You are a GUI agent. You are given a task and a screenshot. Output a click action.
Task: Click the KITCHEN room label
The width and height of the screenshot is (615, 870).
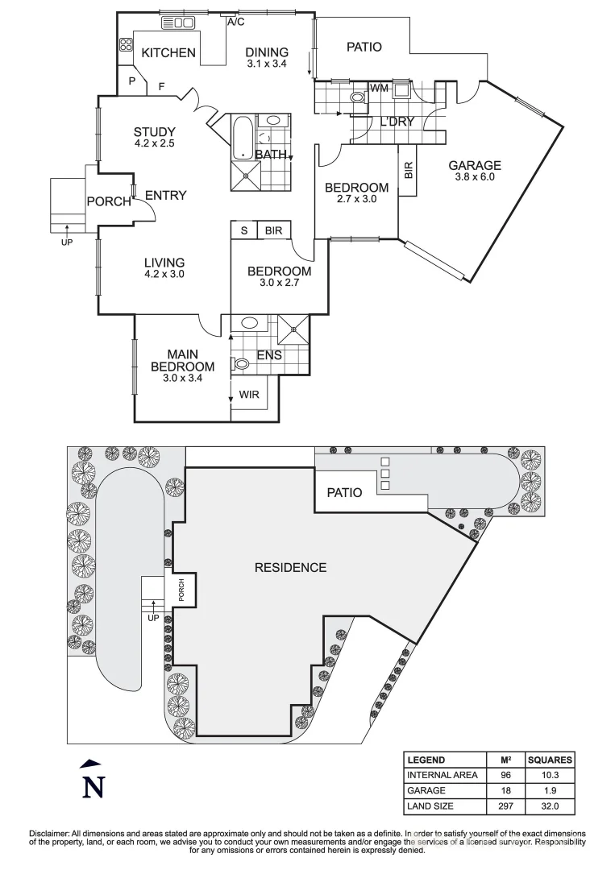168,53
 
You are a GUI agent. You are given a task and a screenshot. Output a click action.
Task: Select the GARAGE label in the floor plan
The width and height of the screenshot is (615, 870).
476,165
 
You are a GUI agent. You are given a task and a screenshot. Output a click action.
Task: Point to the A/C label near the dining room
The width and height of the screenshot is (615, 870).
236,22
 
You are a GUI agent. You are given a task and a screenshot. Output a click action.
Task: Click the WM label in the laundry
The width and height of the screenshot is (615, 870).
379,87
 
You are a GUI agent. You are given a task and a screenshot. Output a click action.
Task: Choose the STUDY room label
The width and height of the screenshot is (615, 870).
154,132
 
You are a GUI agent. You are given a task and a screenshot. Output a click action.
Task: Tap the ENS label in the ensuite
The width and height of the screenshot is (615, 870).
268,354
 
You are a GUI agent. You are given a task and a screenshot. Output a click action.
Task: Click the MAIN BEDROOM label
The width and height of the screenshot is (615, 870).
182,360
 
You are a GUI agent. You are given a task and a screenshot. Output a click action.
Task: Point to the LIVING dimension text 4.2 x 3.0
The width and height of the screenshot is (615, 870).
164,274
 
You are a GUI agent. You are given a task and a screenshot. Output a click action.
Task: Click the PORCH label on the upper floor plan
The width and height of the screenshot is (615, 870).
108,201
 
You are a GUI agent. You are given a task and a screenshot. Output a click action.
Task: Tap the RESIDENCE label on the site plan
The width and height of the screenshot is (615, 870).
290,567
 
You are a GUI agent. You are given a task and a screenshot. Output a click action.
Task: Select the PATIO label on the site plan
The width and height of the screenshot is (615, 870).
344,492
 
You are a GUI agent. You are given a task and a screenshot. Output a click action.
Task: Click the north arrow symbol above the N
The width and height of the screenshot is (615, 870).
93,763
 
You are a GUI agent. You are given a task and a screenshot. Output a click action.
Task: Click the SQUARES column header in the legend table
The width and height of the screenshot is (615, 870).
550,760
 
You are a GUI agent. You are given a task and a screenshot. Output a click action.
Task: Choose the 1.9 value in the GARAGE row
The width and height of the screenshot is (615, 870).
550,790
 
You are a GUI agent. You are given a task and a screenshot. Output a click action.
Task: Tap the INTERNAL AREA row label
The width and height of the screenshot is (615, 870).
443,775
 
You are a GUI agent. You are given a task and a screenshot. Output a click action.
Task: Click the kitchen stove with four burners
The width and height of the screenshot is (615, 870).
127,45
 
